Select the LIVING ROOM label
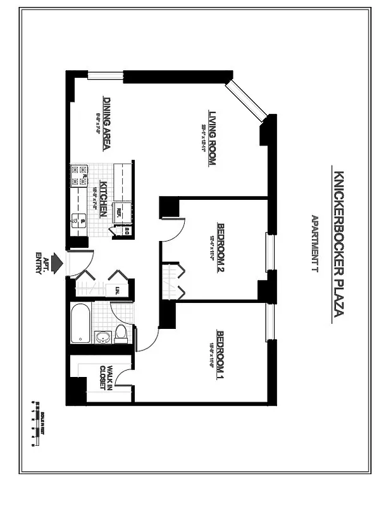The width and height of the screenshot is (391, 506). [x=213, y=139]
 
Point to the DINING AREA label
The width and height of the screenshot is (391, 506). [x=108, y=123]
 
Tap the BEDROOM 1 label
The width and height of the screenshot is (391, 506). [x=221, y=355]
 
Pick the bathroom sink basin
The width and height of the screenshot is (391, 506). [x=101, y=336]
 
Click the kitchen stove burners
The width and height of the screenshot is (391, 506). [x=80, y=175]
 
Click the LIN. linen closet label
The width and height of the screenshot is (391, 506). [x=118, y=290]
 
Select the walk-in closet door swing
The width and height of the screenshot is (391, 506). [x=127, y=379]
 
